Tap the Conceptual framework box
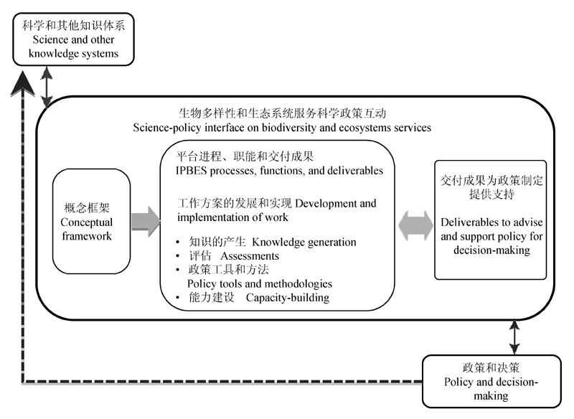pyautogui.click(x=87, y=221)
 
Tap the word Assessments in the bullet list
pyautogui.click(x=250, y=255)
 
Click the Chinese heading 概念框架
pyautogui.click(x=86, y=207)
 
